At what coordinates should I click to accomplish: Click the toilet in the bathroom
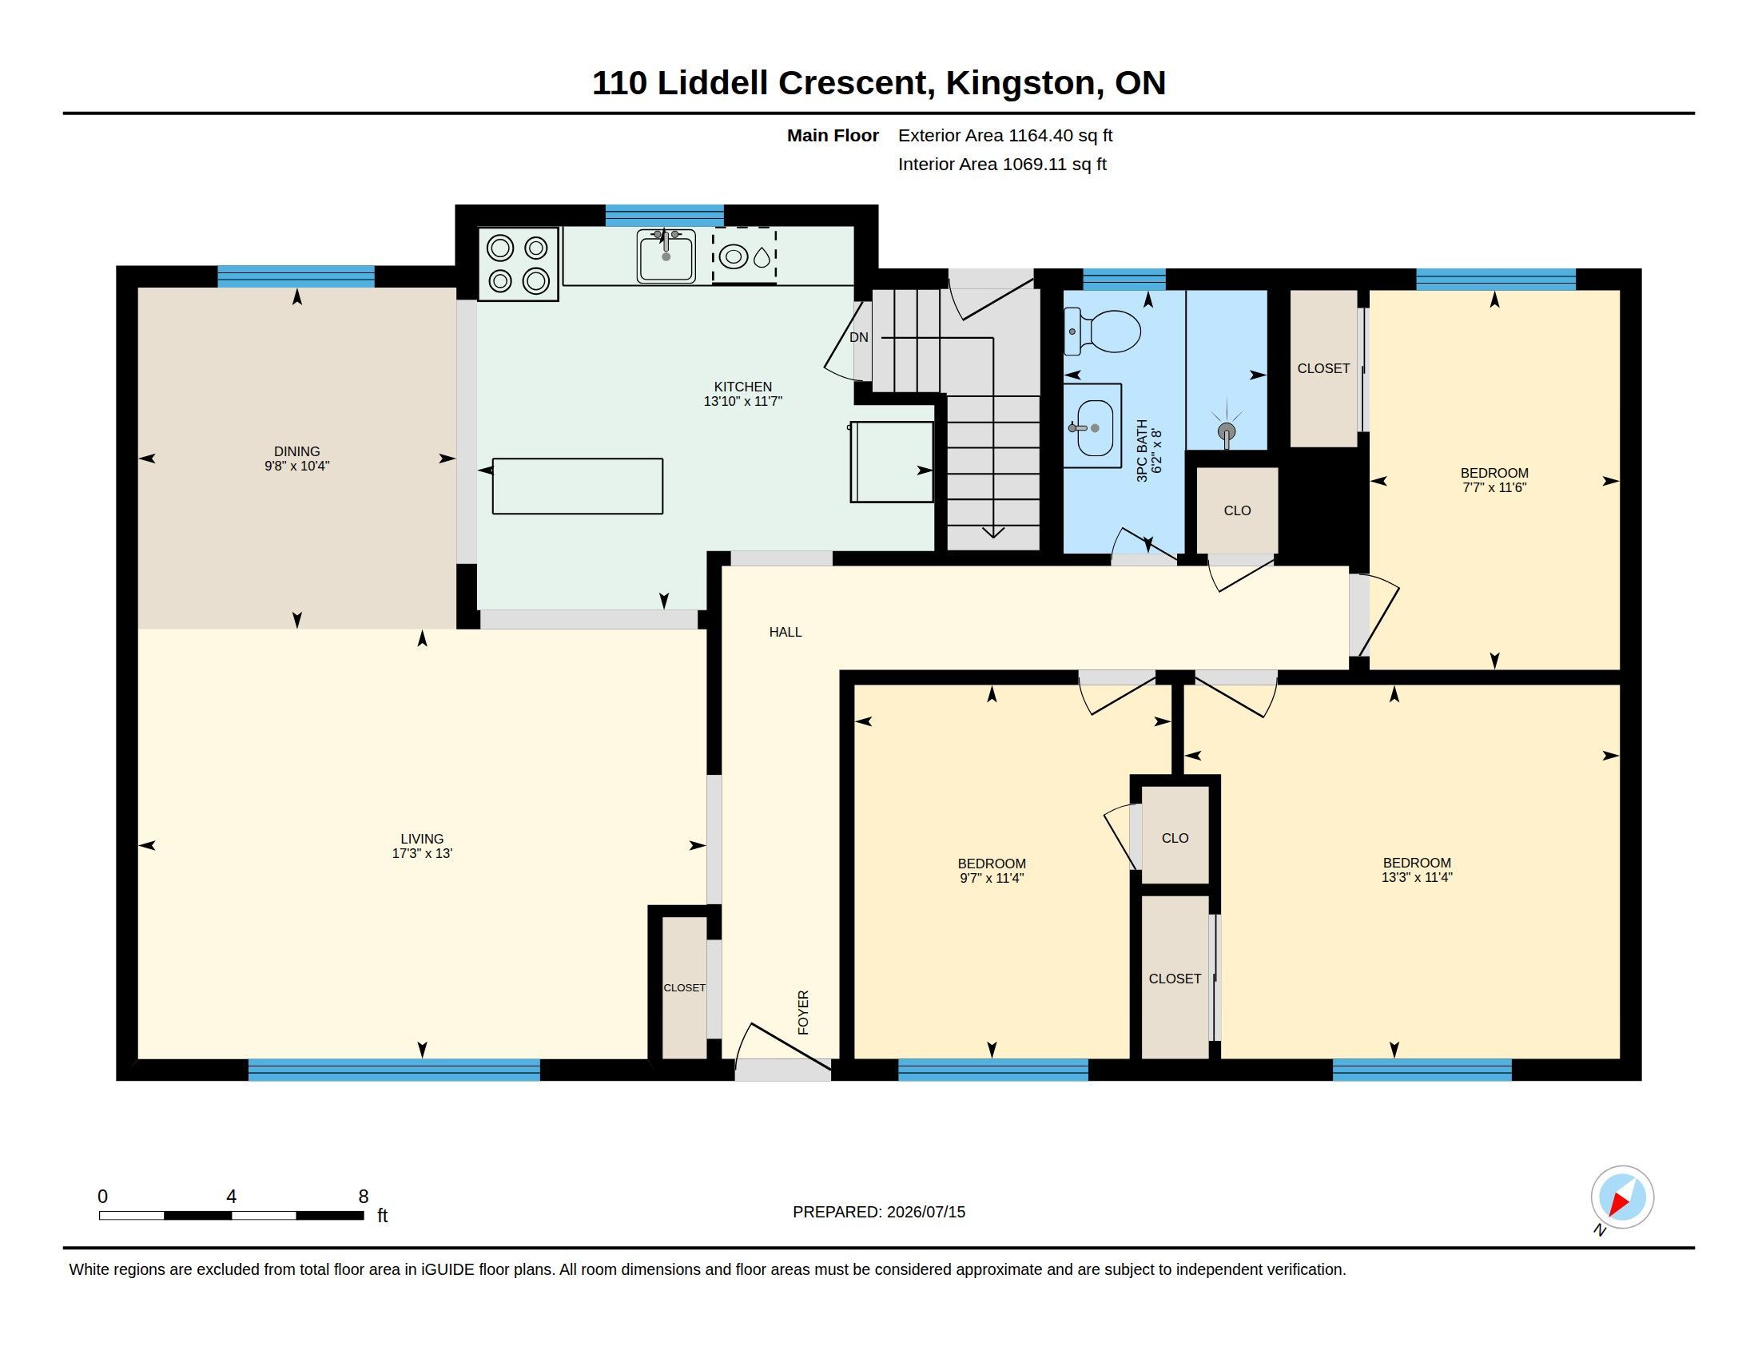(x=1102, y=332)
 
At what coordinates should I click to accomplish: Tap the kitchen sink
(x=666, y=256)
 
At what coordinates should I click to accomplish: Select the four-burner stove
(x=518, y=264)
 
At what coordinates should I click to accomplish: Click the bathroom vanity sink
(x=1092, y=427)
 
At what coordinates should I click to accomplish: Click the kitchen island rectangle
(x=577, y=486)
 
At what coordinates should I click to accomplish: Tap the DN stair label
(x=859, y=337)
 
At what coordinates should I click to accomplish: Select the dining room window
(x=296, y=276)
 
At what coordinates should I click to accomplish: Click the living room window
(x=394, y=1070)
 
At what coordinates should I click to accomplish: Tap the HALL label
(x=786, y=633)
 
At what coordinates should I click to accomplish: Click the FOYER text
(x=803, y=1012)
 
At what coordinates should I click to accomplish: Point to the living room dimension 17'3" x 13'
(x=423, y=854)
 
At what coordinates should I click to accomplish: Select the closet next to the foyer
(x=684, y=987)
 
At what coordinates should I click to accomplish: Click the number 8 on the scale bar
(x=364, y=1197)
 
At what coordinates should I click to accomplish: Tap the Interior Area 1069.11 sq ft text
(x=1002, y=164)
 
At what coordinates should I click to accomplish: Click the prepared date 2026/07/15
(x=925, y=1212)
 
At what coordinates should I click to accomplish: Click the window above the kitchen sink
(x=664, y=216)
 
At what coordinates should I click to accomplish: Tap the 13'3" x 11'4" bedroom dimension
(x=1417, y=877)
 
